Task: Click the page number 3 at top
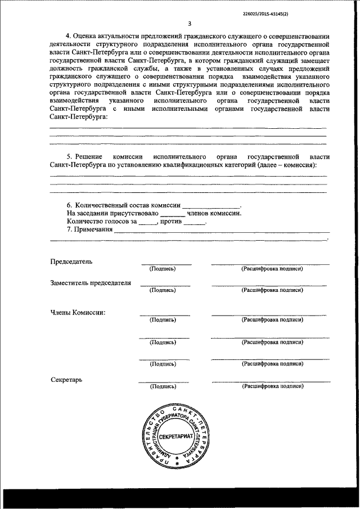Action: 190,24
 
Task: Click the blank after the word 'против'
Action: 195,223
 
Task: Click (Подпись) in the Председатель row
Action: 163,269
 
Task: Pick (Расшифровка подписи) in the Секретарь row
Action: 272,386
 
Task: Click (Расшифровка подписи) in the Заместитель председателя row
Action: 272,290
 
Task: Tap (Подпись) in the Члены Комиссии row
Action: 163,319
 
